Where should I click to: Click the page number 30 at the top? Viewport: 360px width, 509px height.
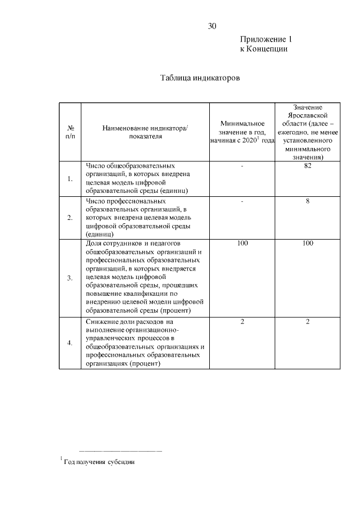pos(212,26)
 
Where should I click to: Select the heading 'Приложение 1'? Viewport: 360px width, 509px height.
pos(266,39)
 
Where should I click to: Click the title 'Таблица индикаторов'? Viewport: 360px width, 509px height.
pos(200,78)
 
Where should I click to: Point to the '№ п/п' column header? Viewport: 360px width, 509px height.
pos(70,132)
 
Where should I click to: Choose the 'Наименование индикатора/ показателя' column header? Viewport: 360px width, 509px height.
pos(145,132)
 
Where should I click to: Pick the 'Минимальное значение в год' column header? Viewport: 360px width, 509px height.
pos(242,132)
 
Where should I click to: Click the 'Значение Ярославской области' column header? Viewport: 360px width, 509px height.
pos(308,132)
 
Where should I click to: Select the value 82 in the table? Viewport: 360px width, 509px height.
pos(308,166)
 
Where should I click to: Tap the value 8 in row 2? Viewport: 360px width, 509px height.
pos(308,201)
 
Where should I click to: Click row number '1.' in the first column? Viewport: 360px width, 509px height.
pos(70,179)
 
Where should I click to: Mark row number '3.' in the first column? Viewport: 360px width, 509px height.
pos(70,278)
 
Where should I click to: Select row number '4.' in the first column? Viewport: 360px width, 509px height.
pos(70,343)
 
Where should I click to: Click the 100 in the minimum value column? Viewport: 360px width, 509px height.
pos(242,243)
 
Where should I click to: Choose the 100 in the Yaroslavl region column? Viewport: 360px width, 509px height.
pos(308,243)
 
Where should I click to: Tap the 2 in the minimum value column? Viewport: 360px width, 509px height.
pos(242,321)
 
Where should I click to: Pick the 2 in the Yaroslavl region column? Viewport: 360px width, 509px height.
pos(308,321)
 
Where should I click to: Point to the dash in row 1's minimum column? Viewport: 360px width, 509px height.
pos(242,166)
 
